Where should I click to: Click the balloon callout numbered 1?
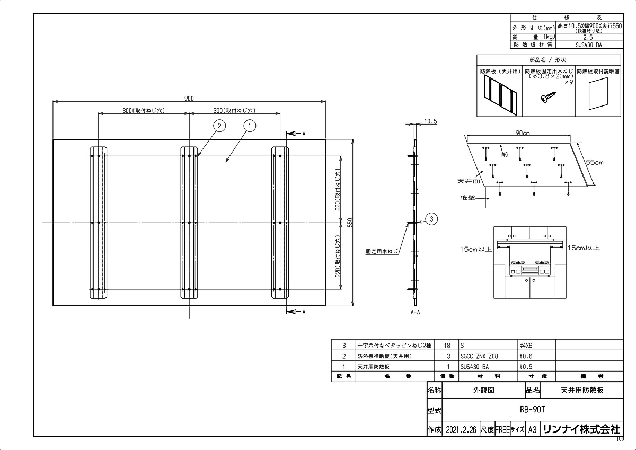(250, 126)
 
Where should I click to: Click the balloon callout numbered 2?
(219, 126)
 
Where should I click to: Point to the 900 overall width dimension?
(189, 98)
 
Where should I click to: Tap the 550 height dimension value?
(349, 223)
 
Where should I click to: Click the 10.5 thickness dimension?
(430, 122)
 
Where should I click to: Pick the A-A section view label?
(415, 313)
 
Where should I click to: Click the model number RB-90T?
(533, 409)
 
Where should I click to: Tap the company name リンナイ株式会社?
(581, 429)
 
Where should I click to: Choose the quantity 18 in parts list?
(447, 345)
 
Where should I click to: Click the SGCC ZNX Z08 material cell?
(480, 356)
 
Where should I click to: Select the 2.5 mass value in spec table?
(588, 37)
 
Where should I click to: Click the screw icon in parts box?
(547, 98)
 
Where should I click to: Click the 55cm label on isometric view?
(594, 163)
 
